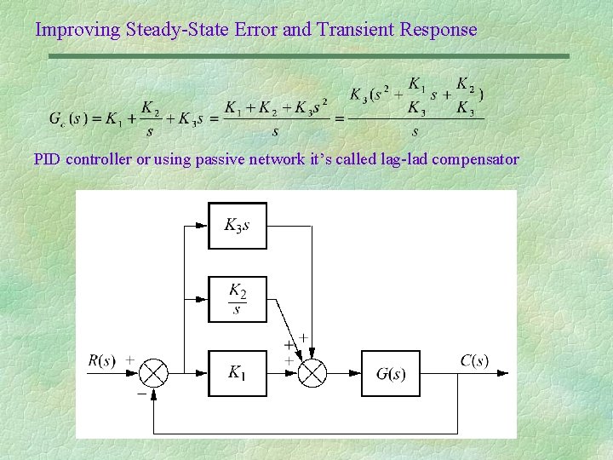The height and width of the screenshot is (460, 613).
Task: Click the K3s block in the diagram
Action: pos(238,226)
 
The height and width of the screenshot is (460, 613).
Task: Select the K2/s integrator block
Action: pos(238,299)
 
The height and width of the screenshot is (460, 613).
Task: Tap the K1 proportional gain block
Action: pos(238,372)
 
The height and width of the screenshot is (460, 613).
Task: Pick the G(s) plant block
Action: pos(391,373)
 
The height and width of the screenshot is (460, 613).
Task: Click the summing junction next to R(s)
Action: pos(153,372)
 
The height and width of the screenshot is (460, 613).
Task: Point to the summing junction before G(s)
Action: pos(313,372)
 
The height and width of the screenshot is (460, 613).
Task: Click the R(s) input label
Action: pos(101,360)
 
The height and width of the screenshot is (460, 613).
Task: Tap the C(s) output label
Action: pos(474,360)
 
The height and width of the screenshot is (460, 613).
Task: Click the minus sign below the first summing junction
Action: pos(140,393)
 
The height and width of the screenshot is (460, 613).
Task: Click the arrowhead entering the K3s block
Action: pos(202,226)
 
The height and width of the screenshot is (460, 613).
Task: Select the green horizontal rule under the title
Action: pos(307,56)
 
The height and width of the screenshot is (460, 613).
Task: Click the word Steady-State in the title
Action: pos(177,30)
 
